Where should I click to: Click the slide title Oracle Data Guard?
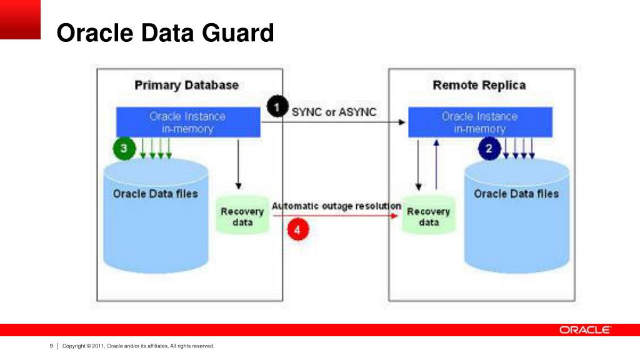165,32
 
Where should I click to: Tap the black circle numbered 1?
277,107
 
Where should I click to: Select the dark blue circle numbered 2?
490,149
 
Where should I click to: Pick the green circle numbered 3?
124,149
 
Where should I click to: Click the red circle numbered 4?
297,229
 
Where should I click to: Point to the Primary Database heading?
186,85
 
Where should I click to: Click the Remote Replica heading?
479,85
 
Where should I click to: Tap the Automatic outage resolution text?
336,206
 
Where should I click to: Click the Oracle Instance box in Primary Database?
188,122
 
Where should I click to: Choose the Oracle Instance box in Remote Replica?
480,122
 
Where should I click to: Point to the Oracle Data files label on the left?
155,194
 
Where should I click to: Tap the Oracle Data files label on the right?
516,194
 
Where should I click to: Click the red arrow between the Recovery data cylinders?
350,216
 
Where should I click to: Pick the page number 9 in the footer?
51,346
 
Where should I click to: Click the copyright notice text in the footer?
138,346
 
